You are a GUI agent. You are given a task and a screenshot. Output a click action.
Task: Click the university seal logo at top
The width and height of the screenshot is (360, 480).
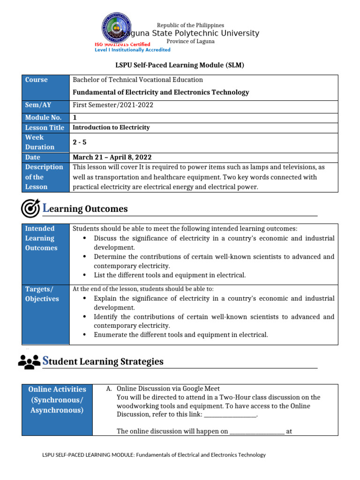point(117,28)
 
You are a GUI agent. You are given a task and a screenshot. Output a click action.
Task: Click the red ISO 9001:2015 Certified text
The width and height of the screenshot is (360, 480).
point(122,44)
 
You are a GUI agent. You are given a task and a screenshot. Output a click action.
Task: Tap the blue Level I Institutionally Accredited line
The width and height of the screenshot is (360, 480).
point(133,50)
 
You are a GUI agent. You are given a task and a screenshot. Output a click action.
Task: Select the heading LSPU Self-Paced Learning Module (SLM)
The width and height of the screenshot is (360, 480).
point(180,65)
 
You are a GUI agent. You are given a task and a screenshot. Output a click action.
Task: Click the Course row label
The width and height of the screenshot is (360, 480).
point(37,80)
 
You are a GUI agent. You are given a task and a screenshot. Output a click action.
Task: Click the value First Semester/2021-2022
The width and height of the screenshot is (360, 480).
point(113,105)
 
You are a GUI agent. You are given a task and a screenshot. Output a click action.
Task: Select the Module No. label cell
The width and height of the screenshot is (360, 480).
point(43,118)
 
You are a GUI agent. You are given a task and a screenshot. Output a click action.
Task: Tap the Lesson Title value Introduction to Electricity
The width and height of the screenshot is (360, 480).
point(111,127)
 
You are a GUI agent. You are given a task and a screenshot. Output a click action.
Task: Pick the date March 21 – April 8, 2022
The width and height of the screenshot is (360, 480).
point(112,157)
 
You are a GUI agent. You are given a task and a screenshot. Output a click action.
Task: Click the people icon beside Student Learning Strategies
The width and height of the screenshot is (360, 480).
point(29,361)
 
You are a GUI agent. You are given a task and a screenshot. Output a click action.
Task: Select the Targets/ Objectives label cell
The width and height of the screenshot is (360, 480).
point(42,294)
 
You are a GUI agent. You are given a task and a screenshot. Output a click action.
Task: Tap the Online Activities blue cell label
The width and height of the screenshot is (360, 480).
point(57,399)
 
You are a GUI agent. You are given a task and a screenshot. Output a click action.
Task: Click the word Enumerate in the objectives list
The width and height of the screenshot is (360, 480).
point(112,335)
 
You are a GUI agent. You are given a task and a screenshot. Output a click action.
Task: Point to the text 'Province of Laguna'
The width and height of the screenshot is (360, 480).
point(190,41)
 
